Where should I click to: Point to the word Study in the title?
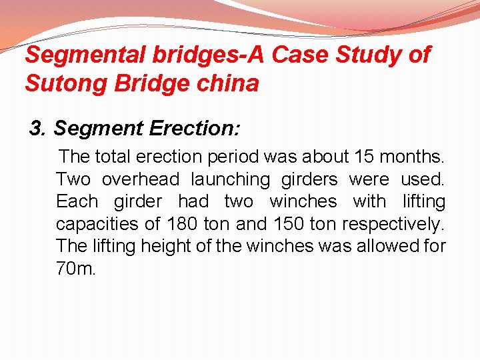point(371,55)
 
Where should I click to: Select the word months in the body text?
point(416,157)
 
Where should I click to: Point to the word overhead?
point(141,179)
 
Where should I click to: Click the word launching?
point(231,180)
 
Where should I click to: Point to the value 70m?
point(77,269)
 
